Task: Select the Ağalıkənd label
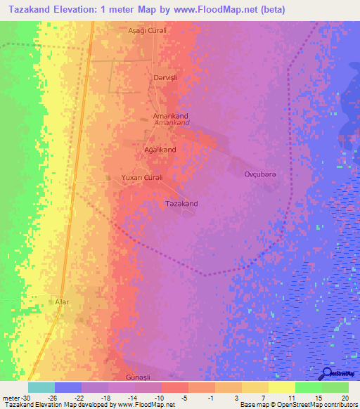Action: point(160,150)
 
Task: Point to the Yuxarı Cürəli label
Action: point(142,177)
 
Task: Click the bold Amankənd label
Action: point(170,115)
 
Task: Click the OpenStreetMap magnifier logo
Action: point(328,373)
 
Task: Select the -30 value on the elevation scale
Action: point(25,397)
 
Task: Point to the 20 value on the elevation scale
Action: point(344,397)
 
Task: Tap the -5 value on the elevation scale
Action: point(184,397)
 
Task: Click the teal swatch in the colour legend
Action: point(41,387)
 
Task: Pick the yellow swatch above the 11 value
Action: point(282,387)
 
